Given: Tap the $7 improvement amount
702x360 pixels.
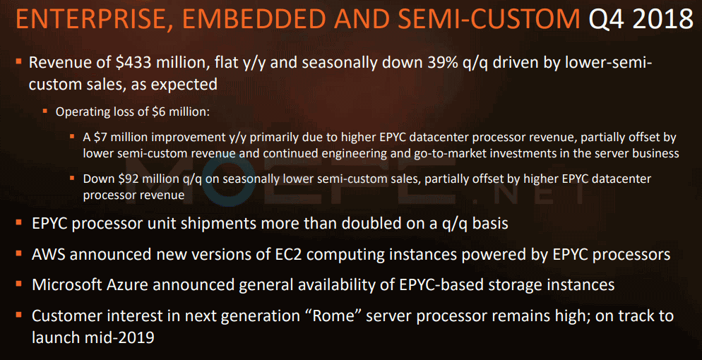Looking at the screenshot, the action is click(99, 137).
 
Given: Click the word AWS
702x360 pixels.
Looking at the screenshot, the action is click(49, 254).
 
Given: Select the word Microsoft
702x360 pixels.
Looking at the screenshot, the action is click(64, 284).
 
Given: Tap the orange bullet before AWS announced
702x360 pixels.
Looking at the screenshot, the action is click(18, 253).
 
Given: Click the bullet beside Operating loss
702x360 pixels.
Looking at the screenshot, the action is click(44, 110).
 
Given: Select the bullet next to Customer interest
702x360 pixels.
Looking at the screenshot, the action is click(18, 315).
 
